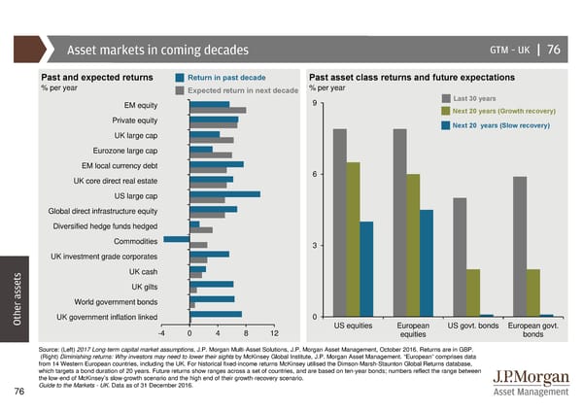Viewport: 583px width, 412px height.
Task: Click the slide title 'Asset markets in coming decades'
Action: [156, 51]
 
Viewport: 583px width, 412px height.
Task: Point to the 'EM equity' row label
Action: [141, 105]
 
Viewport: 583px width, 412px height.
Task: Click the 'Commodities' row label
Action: [136, 239]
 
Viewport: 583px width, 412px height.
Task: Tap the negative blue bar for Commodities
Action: [177, 239]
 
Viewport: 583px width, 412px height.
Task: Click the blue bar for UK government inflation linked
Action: [216, 314]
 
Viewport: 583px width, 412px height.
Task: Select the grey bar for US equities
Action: [339, 223]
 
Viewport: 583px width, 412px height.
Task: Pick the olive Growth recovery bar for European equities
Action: [413, 245]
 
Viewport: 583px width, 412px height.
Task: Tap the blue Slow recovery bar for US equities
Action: [366, 268]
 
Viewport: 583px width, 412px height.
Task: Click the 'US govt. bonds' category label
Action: [473, 325]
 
